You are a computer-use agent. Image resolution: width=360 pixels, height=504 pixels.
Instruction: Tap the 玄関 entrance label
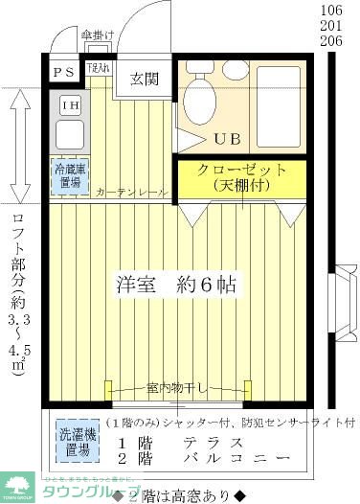tap(145, 79)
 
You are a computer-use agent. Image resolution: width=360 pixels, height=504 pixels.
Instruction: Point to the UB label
tap(228, 137)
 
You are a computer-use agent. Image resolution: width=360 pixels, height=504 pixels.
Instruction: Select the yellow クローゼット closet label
tap(241, 176)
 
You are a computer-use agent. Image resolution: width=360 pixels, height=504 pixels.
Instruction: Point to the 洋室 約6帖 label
tap(177, 285)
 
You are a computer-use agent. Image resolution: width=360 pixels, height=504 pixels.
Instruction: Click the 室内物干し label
tap(177, 388)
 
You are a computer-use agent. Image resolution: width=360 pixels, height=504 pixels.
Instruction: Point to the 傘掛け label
tap(100, 36)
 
